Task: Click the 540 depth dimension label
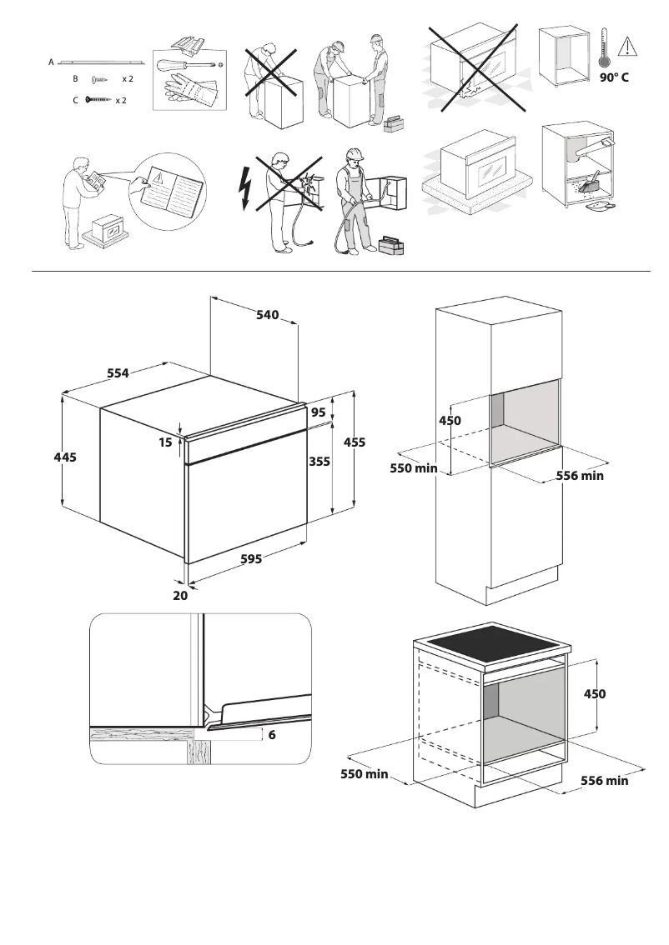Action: pyautogui.click(x=267, y=315)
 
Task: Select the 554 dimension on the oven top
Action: pyautogui.click(x=118, y=373)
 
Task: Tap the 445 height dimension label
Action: pyautogui.click(x=65, y=457)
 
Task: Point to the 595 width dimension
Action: pyautogui.click(x=251, y=559)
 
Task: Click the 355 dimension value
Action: pyautogui.click(x=319, y=461)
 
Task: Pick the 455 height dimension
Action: pyautogui.click(x=354, y=442)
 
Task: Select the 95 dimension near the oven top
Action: pyautogui.click(x=319, y=412)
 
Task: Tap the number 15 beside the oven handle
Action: pyautogui.click(x=165, y=443)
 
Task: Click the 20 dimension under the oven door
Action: pyautogui.click(x=180, y=596)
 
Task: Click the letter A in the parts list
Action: pyautogui.click(x=51, y=62)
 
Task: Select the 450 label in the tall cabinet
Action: pyautogui.click(x=450, y=421)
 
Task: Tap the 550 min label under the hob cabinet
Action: pyautogui.click(x=365, y=775)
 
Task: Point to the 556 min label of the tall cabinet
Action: pyautogui.click(x=580, y=476)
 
